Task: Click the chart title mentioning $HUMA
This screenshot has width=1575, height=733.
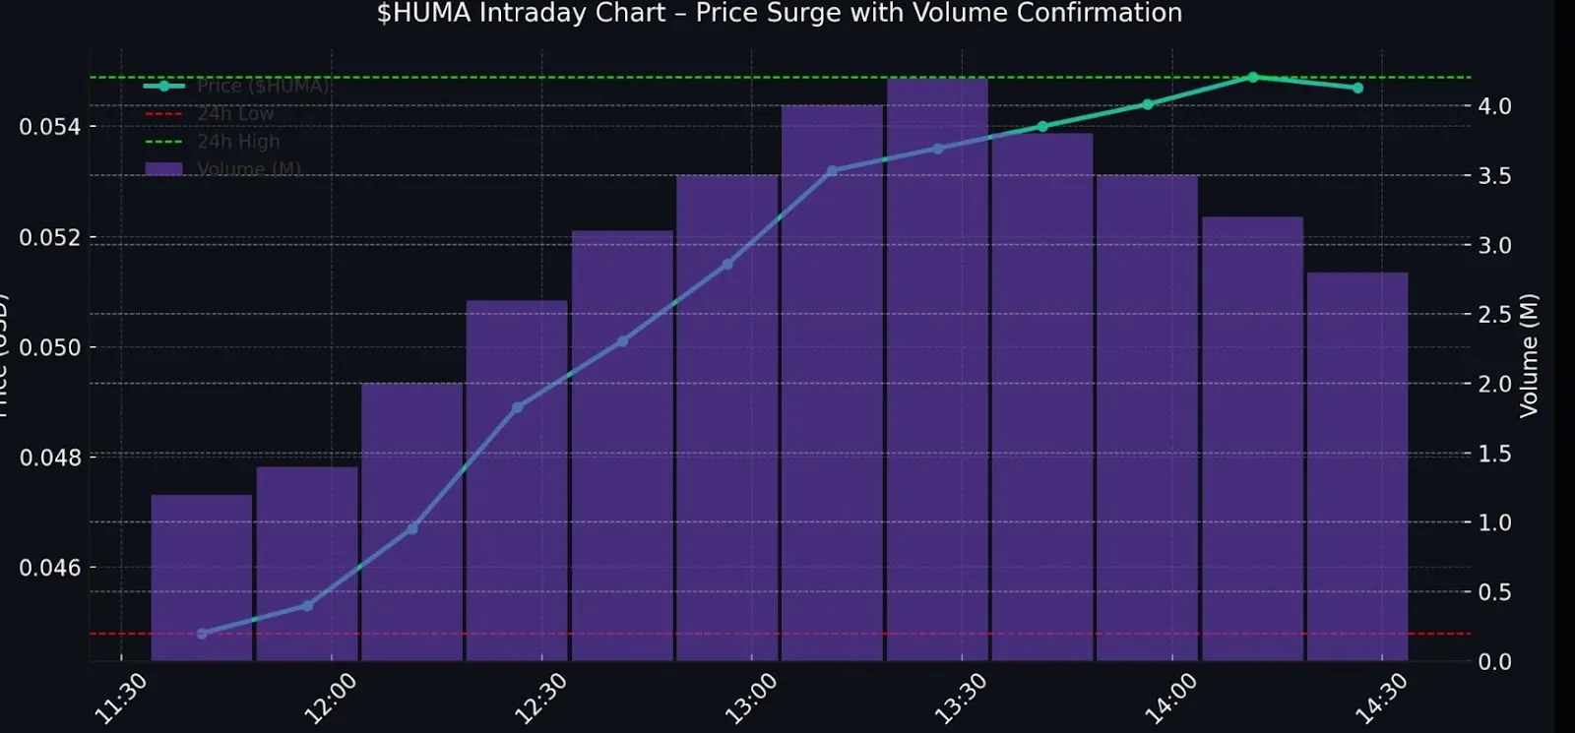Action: click(x=779, y=14)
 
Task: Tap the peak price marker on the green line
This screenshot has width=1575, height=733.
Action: click(x=1252, y=77)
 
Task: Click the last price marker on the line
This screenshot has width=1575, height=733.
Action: click(x=1357, y=88)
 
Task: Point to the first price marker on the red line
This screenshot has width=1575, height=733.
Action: click(x=202, y=634)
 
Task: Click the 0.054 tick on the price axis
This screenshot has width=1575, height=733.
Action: click(x=49, y=127)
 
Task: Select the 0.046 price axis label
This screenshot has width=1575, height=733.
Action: click(x=49, y=568)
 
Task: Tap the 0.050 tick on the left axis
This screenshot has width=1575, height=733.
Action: click(x=49, y=347)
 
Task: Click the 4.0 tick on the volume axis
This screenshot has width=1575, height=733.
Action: click(x=1494, y=106)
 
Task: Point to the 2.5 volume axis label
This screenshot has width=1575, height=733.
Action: click(x=1494, y=315)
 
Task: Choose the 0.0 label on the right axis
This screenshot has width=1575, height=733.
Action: click(x=1494, y=661)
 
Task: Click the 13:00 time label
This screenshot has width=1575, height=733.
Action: click(x=750, y=698)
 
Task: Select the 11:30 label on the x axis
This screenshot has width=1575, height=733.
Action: click(x=120, y=698)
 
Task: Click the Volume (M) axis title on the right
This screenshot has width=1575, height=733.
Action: click(x=1528, y=355)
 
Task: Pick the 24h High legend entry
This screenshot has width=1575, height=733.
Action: click(x=237, y=142)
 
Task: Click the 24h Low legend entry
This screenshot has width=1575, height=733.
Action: click(x=234, y=114)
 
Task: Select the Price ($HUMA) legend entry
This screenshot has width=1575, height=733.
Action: click(x=262, y=87)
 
